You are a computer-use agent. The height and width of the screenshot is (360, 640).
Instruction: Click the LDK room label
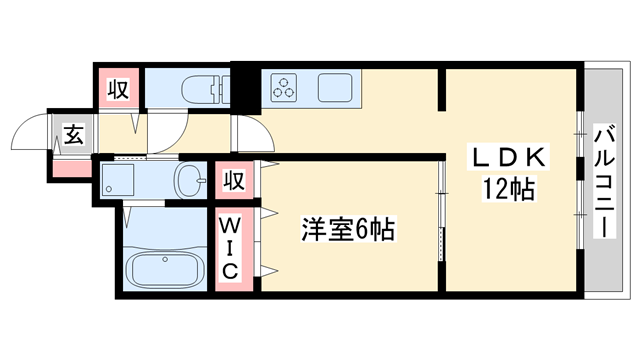508,157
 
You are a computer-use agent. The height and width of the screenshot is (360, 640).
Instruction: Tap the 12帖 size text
508,187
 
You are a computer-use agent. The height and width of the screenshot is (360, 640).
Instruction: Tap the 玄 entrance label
73,132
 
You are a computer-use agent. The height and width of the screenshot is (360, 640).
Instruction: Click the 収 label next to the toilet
118,89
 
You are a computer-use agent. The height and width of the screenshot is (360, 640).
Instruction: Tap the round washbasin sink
189,180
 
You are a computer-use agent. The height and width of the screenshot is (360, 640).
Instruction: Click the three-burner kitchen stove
285,87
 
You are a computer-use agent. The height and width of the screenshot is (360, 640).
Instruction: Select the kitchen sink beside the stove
339,87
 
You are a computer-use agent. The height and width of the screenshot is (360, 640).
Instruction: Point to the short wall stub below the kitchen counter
441,91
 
